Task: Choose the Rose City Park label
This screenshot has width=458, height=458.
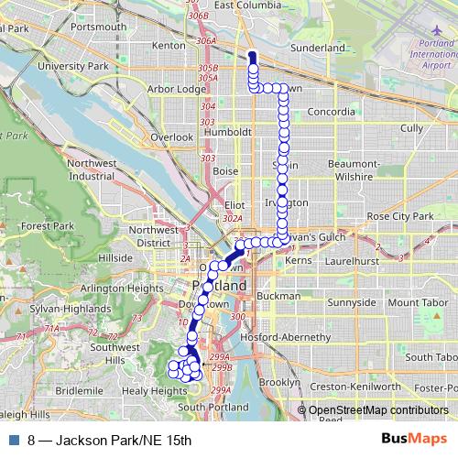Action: coord(398,216)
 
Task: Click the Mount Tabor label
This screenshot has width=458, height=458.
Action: coord(416,302)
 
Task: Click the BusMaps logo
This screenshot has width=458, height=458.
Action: coord(414,440)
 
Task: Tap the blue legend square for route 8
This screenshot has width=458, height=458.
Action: coord(12,441)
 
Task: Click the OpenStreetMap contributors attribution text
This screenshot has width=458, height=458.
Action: coord(378,409)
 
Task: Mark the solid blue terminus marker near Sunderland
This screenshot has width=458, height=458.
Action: coord(251,58)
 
